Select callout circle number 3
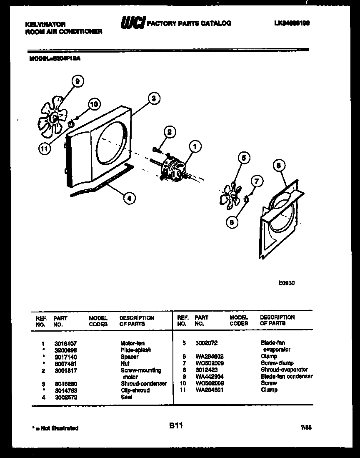[154, 99]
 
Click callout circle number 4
[129, 199]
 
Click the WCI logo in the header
[132, 23]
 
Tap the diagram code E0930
[287, 282]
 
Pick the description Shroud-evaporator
[284, 370]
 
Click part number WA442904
[209, 376]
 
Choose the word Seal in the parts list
[126, 397]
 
